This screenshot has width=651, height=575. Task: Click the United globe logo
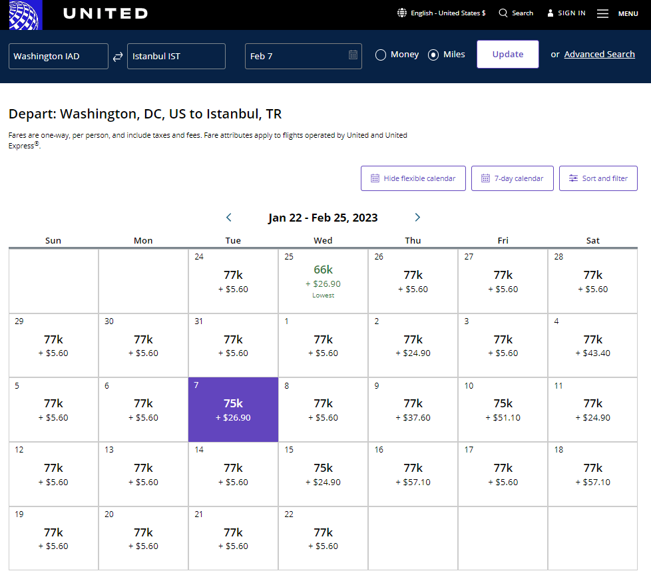25,15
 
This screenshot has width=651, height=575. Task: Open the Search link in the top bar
516,13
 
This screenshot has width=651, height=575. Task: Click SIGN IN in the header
566,13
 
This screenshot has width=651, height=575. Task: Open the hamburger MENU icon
602,13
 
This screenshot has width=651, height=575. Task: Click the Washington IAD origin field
59,56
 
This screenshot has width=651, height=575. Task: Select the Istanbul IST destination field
176,56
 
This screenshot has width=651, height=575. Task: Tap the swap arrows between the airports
118,57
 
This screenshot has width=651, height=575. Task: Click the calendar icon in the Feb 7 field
353,55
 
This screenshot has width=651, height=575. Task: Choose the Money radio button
381,55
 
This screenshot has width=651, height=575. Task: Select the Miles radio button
433,55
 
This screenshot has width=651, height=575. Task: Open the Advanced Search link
599,55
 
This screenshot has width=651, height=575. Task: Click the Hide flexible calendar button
413,178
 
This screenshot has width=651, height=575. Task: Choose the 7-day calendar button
512,178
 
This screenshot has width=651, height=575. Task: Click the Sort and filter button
598,178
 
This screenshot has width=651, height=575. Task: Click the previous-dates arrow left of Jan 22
229,218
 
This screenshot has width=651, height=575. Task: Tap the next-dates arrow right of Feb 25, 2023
417,218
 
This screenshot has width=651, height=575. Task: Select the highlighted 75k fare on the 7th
233,409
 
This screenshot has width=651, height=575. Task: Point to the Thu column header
413,240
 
